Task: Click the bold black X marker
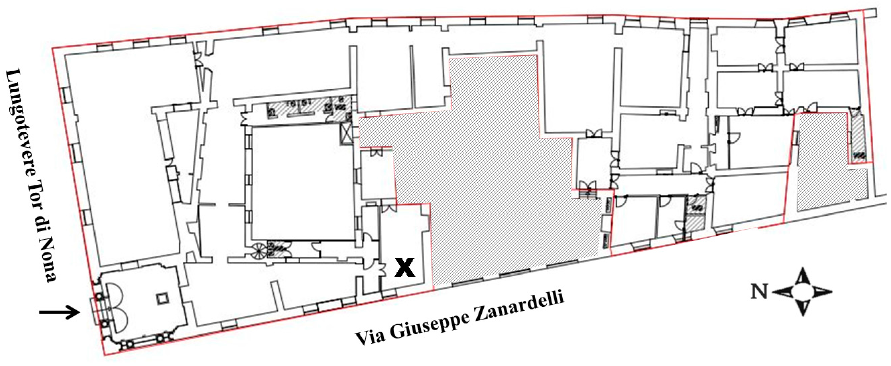tap(405, 268)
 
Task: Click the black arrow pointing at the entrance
tap(60, 313)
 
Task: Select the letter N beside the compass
tap(759, 291)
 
